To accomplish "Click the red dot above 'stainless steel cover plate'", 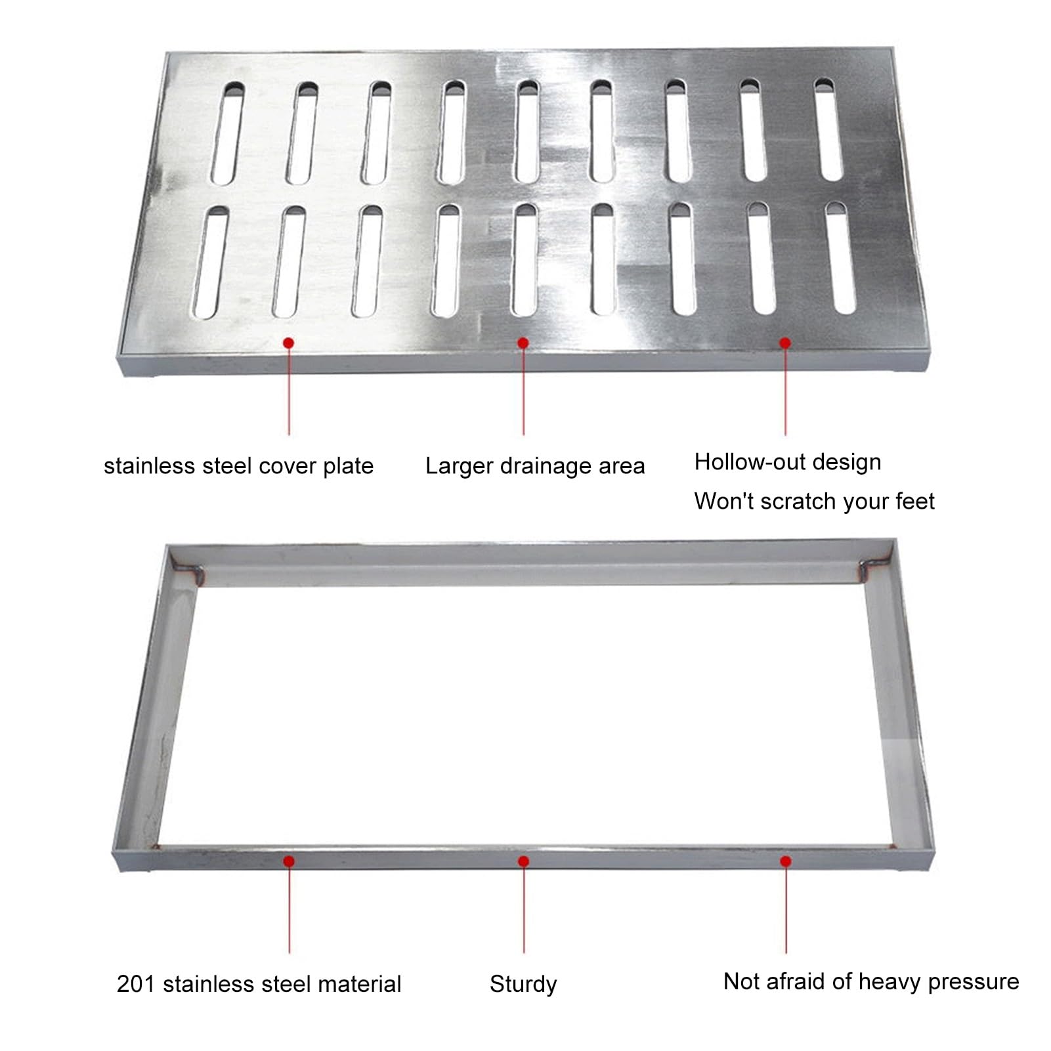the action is click(288, 343).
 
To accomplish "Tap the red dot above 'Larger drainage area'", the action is click(523, 343).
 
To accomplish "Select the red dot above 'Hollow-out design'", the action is click(785, 343).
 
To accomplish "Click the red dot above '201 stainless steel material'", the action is click(289, 861).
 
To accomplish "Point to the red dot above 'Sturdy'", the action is click(523, 861).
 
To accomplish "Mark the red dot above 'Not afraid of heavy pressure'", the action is click(786, 861).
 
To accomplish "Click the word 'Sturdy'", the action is click(523, 985).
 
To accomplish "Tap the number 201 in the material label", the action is click(136, 984).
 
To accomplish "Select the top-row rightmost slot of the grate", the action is click(828, 129).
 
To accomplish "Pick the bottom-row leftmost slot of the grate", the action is click(210, 263).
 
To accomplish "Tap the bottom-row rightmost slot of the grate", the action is click(841, 258).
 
